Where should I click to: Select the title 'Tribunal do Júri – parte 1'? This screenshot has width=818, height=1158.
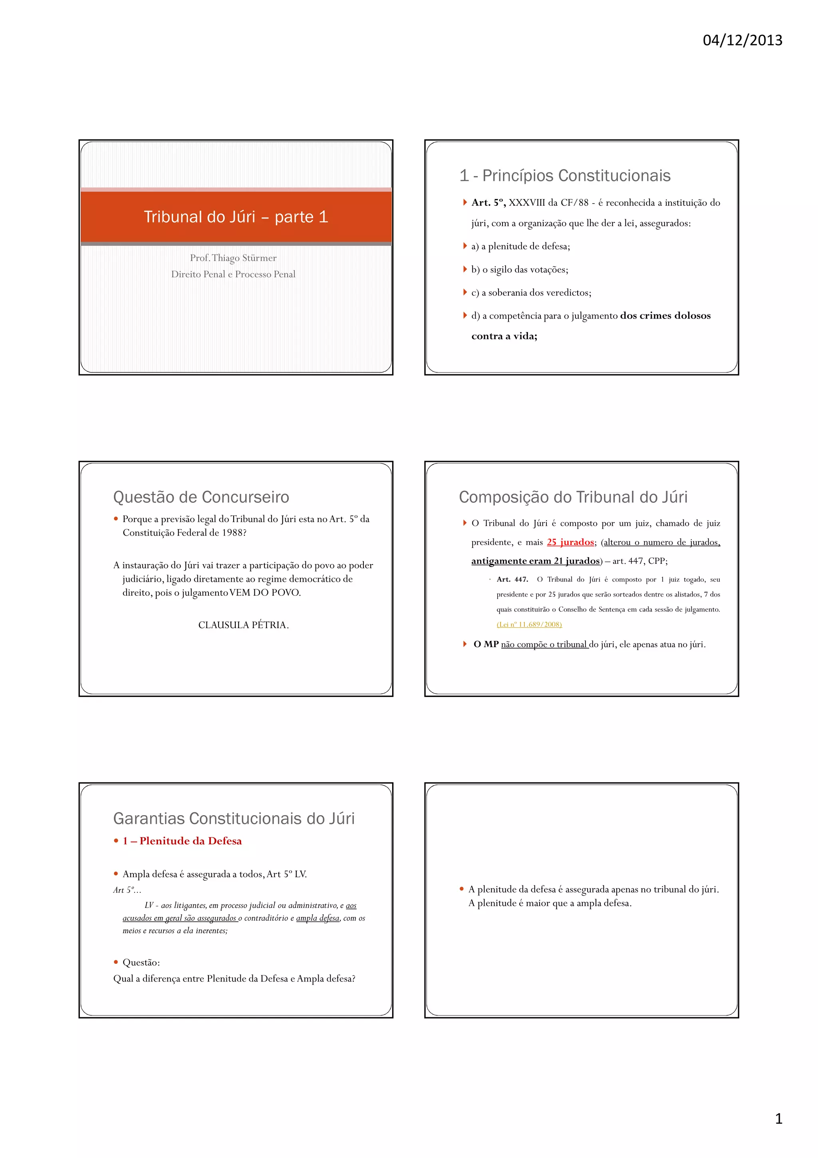(236, 217)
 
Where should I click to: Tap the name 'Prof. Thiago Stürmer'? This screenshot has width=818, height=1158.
(233, 258)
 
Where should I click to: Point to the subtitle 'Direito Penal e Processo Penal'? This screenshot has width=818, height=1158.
(233, 275)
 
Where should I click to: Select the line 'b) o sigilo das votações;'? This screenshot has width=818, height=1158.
(519, 269)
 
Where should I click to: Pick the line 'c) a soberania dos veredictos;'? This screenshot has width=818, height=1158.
(531, 292)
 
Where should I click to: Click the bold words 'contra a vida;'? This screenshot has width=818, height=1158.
(504, 336)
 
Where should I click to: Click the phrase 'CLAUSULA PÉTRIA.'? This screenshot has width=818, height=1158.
(243, 625)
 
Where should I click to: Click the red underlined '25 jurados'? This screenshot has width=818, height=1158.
(570, 542)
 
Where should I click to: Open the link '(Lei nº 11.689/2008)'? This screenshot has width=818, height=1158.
(529, 625)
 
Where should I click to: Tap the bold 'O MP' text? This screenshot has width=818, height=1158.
(485, 645)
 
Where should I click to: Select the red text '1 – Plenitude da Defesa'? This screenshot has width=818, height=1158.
(182, 841)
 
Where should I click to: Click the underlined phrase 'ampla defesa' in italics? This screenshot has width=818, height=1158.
(318, 918)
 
